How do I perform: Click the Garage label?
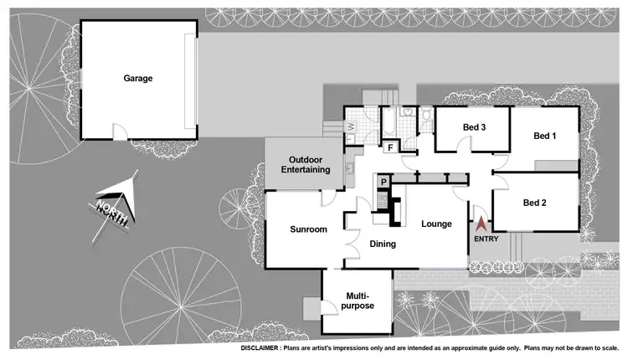pyautogui.click(x=139, y=79)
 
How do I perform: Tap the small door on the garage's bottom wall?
pyautogui.click(x=121, y=134)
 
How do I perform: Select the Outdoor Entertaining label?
pyautogui.click(x=306, y=165)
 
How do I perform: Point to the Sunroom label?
pyautogui.click(x=307, y=229)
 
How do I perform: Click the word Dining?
pyautogui.click(x=383, y=244)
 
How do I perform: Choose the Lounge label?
pyautogui.click(x=436, y=224)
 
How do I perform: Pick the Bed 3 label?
pyautogui.click(x=475, y=127)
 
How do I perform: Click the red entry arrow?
pyautogui.click(x=481, y=224)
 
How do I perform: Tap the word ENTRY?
pyautogui.click(x=486, y=239)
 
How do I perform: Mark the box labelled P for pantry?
pyautogui.click(x=383, y=183)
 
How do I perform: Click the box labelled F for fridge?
pyautogui.click(x=389, y=149)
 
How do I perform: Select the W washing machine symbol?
pyautogui.click(x=351, y=127)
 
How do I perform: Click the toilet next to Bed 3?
pyautogui.click(x=426, y=114)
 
